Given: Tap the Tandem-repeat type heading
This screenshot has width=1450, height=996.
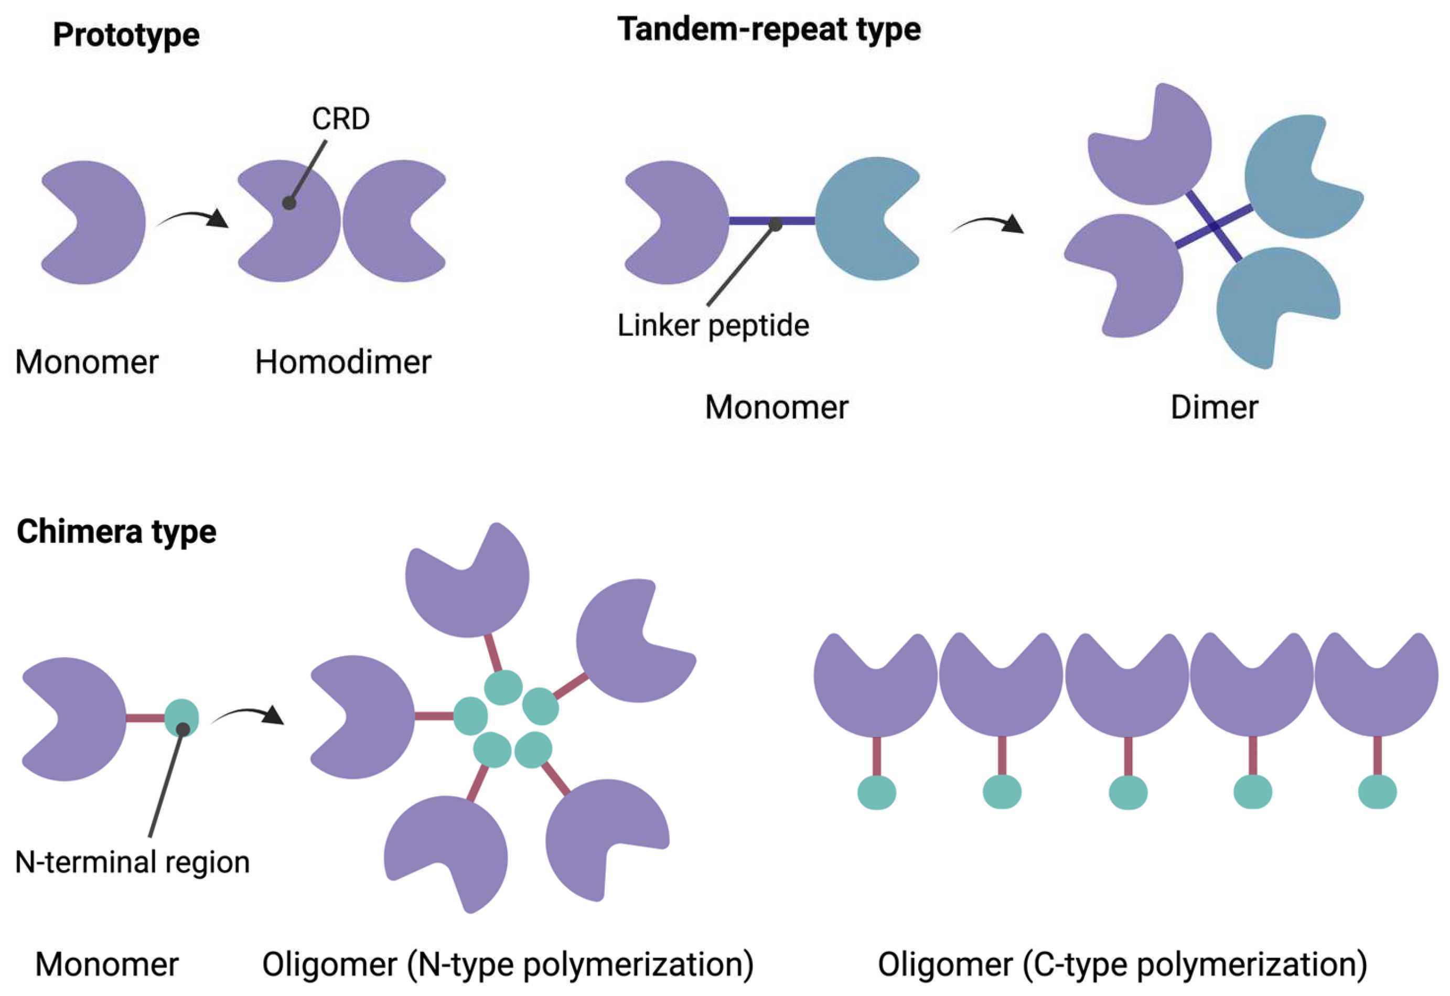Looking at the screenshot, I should coord(769,29).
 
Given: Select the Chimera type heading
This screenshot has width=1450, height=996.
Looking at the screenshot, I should coord(116,532).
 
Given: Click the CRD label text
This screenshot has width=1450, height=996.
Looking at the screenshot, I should coord(341,119).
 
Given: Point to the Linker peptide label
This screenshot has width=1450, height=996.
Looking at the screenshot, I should coord(713,325).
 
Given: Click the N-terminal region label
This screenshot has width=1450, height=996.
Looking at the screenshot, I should coord(132,862).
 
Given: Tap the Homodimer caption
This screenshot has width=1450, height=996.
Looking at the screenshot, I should coord(343,362).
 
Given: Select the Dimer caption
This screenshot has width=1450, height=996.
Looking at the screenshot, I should coord(1213,407).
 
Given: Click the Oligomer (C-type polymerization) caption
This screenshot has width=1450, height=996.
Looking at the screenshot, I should coord(1122,964).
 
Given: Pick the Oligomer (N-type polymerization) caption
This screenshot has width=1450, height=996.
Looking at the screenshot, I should coord(508,964).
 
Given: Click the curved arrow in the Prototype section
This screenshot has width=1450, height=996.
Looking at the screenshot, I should coord(194,218).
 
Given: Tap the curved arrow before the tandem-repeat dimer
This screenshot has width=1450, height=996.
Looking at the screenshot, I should coord(987,224).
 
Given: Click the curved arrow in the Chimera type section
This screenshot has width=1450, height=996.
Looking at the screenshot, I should coord(249,716).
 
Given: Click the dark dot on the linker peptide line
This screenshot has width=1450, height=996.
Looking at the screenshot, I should coord(775,224).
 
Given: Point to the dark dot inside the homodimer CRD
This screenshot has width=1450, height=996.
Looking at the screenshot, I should coord(289,203).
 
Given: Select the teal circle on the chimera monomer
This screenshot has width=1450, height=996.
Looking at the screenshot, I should coord(181,717).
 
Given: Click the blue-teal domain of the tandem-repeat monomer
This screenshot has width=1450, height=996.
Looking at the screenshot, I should coord(861,218).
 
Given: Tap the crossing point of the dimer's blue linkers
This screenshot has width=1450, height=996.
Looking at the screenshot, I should coord(1213,227).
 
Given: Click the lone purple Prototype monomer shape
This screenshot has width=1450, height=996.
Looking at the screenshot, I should coord(100,223).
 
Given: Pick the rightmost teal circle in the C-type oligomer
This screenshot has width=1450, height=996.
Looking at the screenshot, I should coord(1377,792).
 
